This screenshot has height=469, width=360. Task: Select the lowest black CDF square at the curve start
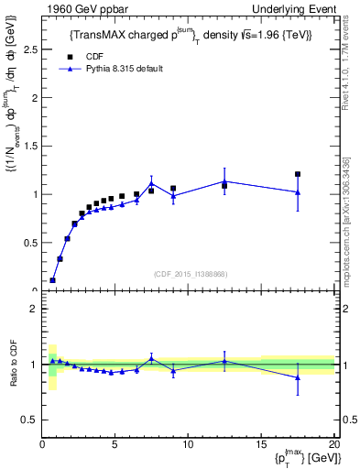(52, 280)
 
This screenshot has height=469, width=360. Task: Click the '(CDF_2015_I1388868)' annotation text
(190, 274)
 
